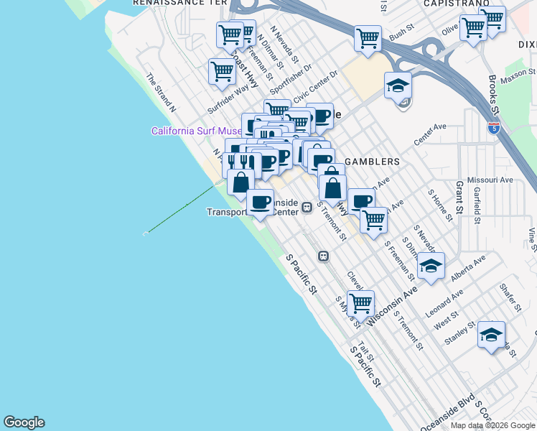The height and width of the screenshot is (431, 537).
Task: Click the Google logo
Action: [x=24, y=422]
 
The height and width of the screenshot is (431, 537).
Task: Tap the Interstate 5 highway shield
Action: [x=493, y=128]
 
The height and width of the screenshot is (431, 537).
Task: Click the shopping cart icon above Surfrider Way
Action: [x=222, y=71]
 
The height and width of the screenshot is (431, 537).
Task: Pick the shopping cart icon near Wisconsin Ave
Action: [x=360, y=302]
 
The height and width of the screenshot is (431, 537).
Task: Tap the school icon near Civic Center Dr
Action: [x=397, y=85]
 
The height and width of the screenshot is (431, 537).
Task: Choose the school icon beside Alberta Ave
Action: [x=430, y=266]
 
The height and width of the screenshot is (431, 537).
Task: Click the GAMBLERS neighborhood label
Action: [x=371, y=162]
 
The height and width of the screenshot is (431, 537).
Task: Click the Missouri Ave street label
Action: [x=490, y=180]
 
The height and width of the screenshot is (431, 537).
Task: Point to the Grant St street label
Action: [x=459, y=198]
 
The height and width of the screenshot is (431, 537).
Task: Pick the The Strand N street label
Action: [x=161, y=92]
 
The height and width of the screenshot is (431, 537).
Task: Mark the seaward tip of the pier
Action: [x=146, y=233]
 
